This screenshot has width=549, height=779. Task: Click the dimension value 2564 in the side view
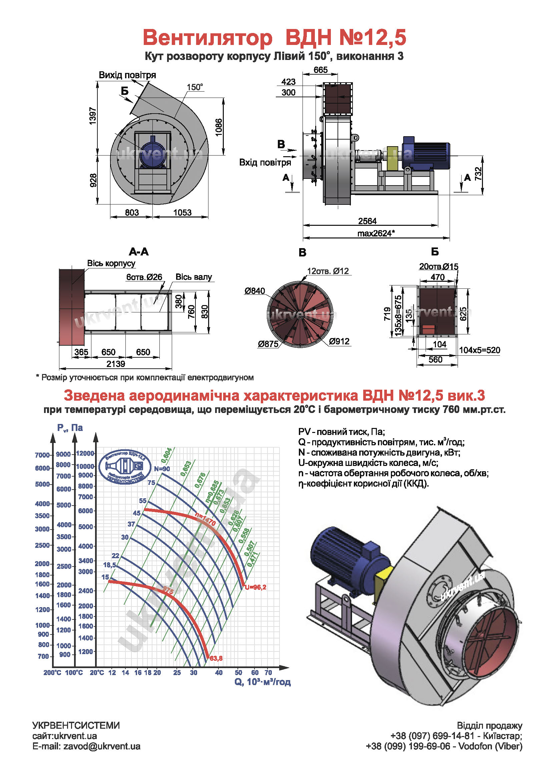click(x=367, y=221)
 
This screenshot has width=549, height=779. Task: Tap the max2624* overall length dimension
click(x=376, y=233)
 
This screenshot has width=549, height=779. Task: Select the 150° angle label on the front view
click(x=195, y=87)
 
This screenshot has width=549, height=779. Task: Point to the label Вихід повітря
click(x=127, y=75)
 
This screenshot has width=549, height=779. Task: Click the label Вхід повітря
click(x=265, y=162)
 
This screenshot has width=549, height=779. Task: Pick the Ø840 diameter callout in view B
click(x=254, y=291)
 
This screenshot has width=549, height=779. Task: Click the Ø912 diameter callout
click(x=339, y=341)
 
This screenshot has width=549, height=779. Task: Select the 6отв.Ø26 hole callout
click(x=144, y=277)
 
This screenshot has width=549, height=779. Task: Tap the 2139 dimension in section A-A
click(x=116, y=364)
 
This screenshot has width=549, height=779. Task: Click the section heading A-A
click(x=139, y=252)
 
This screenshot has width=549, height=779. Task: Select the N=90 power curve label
click(x=162, y=469)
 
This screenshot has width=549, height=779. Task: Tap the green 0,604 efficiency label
click(x=166, y=455)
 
